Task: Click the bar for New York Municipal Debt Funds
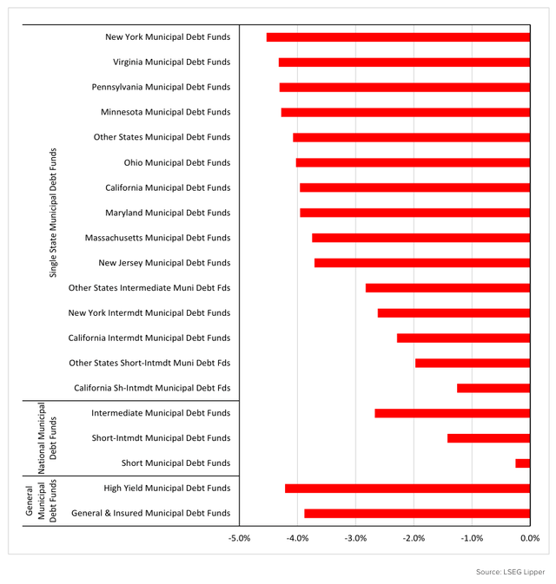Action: click(398, 37)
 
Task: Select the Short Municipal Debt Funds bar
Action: click(522, 463)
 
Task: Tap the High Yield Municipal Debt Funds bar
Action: click(407, 489)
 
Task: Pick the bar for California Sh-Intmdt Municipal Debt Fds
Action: click(493, 388)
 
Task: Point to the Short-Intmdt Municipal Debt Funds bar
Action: click(488, 438)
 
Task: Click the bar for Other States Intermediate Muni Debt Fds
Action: click(447, 287)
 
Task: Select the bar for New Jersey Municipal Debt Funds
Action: click(422, 262)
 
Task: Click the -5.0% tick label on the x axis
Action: click(240, 538)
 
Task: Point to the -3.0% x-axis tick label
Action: click(355, 538)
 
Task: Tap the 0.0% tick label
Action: click(530, 538)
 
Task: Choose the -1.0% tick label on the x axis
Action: click(472, 538)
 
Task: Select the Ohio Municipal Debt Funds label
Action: click(177, 162)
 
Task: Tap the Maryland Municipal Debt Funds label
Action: click(168, 213)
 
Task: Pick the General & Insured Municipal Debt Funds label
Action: click(150, 513)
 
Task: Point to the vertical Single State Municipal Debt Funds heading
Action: click(53, 213)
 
